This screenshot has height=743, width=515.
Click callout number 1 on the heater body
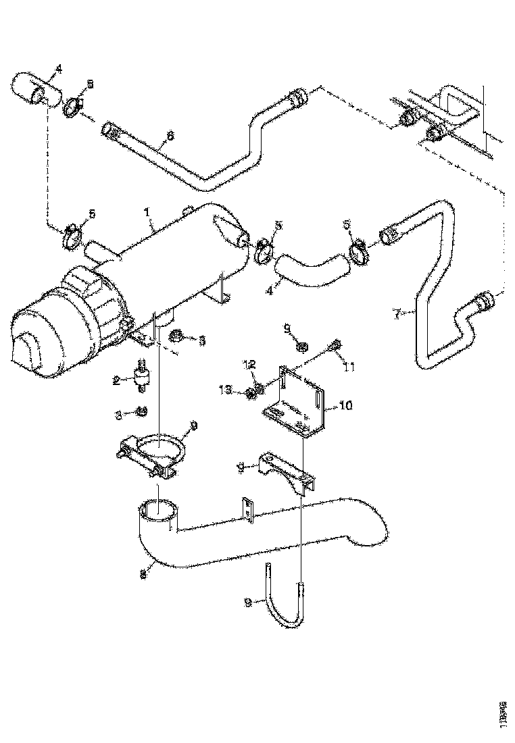(146, 212)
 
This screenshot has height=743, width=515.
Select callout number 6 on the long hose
(170, 135)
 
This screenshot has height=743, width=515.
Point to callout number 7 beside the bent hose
(397, 313)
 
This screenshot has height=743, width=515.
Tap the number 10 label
(345, 406)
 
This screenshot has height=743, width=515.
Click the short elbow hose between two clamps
(312, 267)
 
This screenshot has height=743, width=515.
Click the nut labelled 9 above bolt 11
(303, 347)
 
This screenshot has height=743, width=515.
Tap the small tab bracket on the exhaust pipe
(248, 507)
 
